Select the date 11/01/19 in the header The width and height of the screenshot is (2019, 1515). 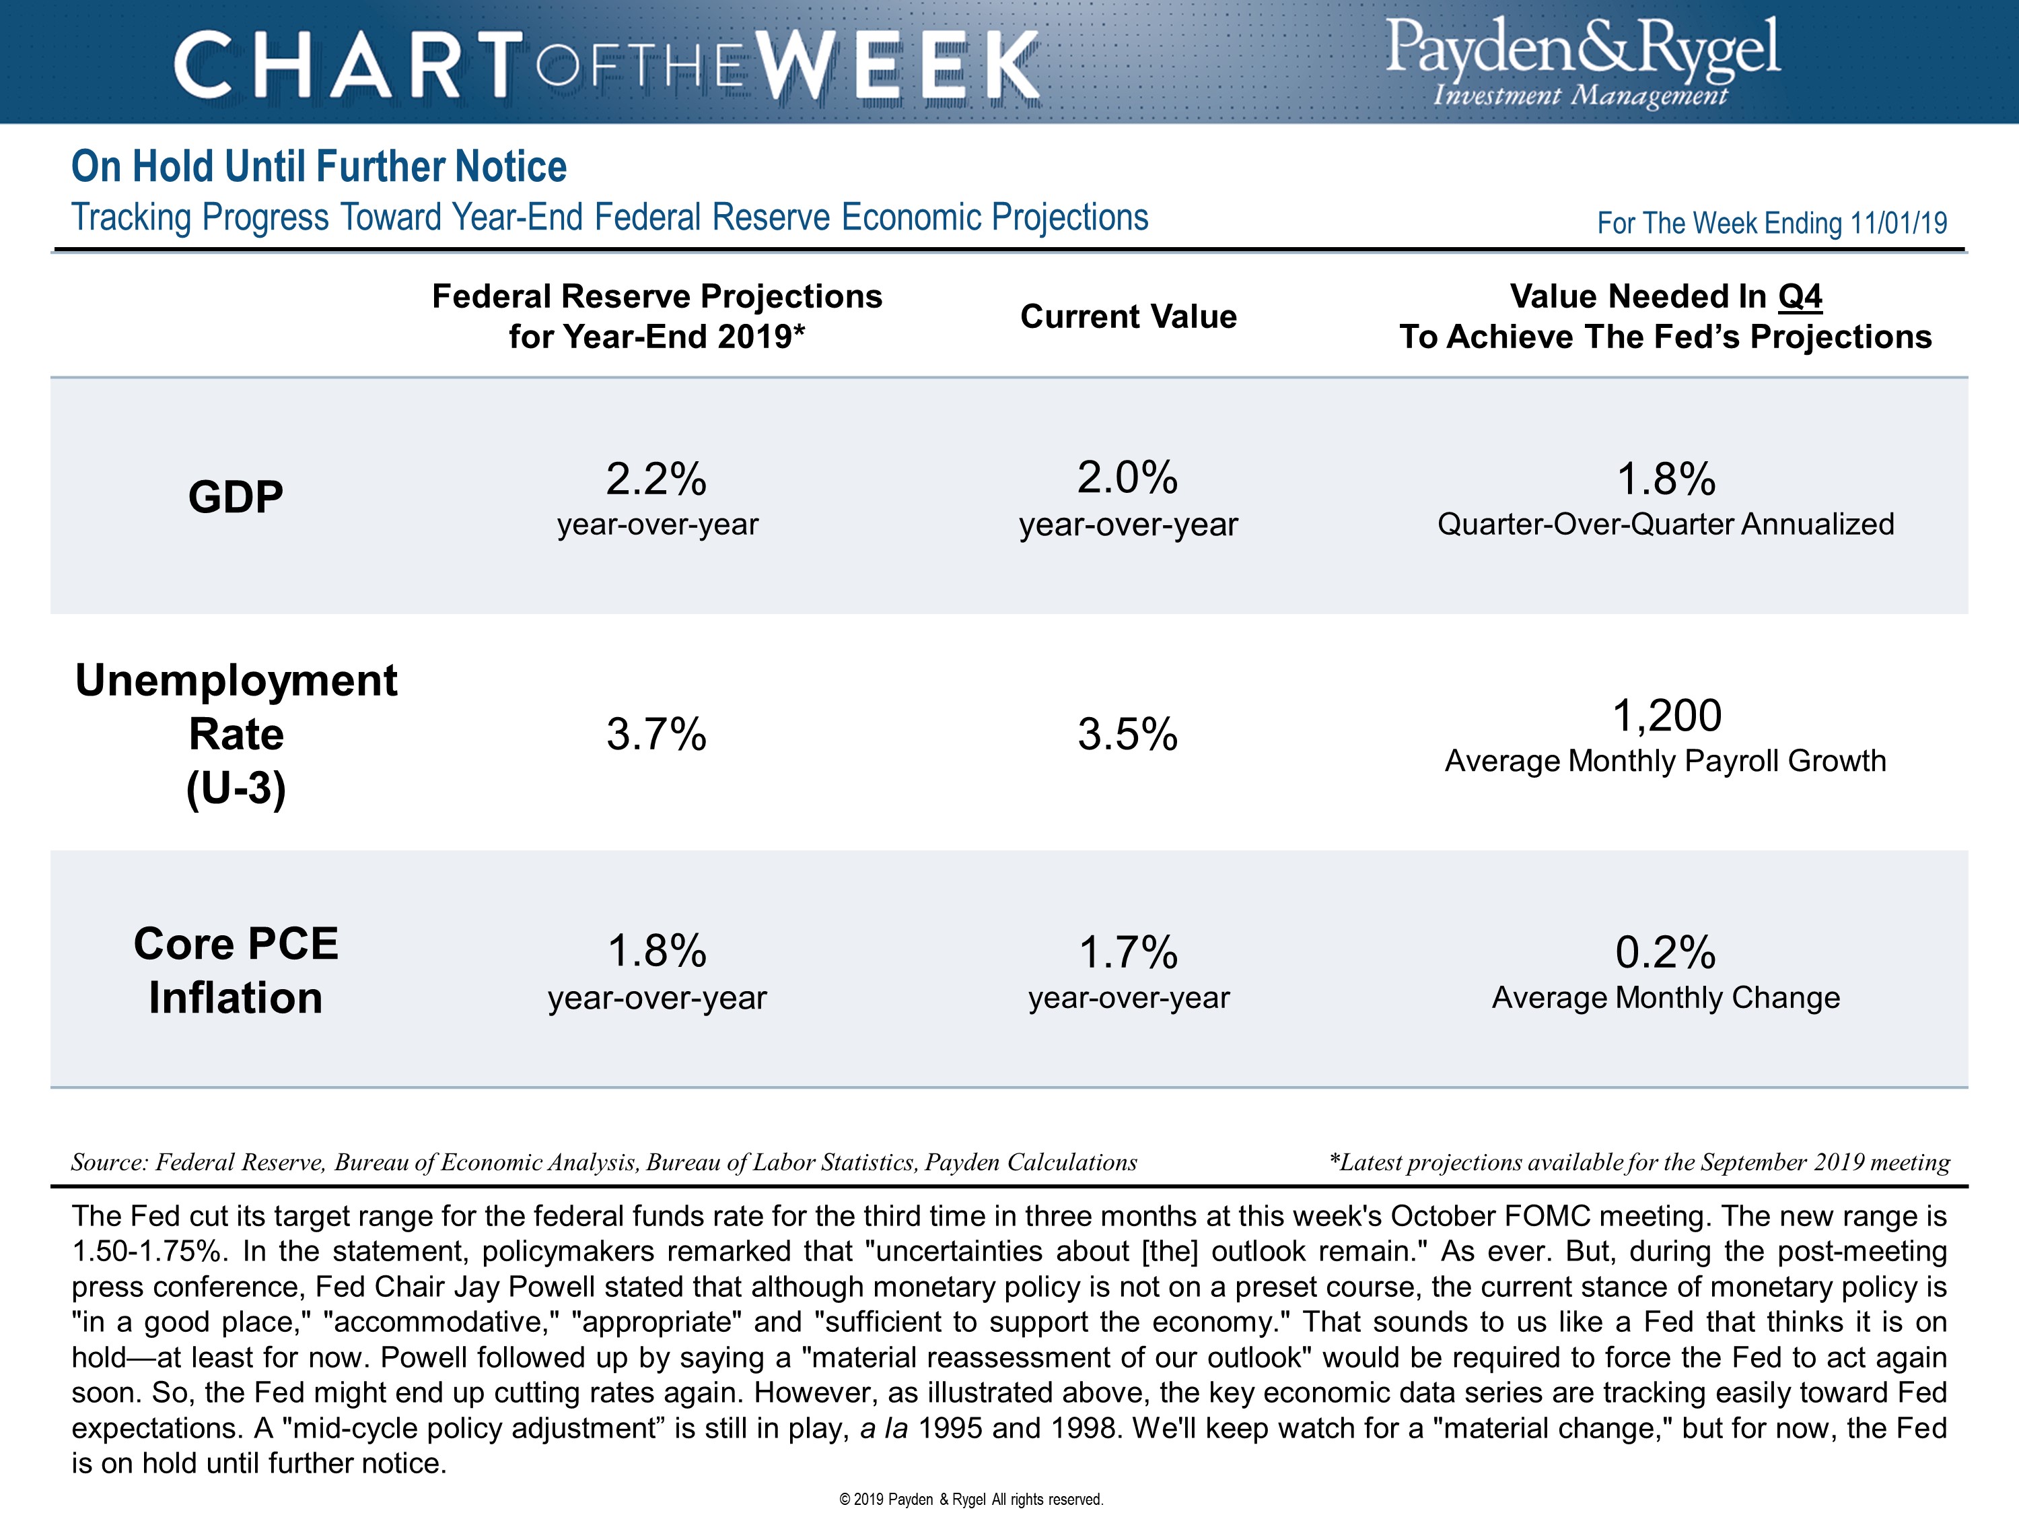(x=1899, y=223)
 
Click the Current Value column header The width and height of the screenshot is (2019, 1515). (x=1128, y=316)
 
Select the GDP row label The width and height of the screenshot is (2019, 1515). (x=236, y=498)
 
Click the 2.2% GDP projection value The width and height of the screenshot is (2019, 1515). (x=656, y=479)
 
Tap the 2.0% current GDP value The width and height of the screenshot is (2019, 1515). (x=1127, y=477)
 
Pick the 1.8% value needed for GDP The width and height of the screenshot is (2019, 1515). (x=1666, y=479)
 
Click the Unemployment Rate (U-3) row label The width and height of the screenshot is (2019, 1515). (x=236, y=733)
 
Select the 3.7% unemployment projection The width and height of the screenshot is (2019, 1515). (x=656, y=734)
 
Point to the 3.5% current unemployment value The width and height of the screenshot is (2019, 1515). (x=1127, y=734)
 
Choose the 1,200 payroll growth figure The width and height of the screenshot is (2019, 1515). (x=1666, y=715)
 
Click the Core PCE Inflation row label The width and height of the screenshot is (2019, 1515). (x=236, y=970)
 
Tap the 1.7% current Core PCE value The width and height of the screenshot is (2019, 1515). (x=1128, y=953)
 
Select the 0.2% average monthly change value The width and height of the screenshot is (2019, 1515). (x=1666, y=953)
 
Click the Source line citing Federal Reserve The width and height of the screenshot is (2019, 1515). (x=603, y=1162)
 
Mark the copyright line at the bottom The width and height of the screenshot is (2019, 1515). (x=971, y=1499)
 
